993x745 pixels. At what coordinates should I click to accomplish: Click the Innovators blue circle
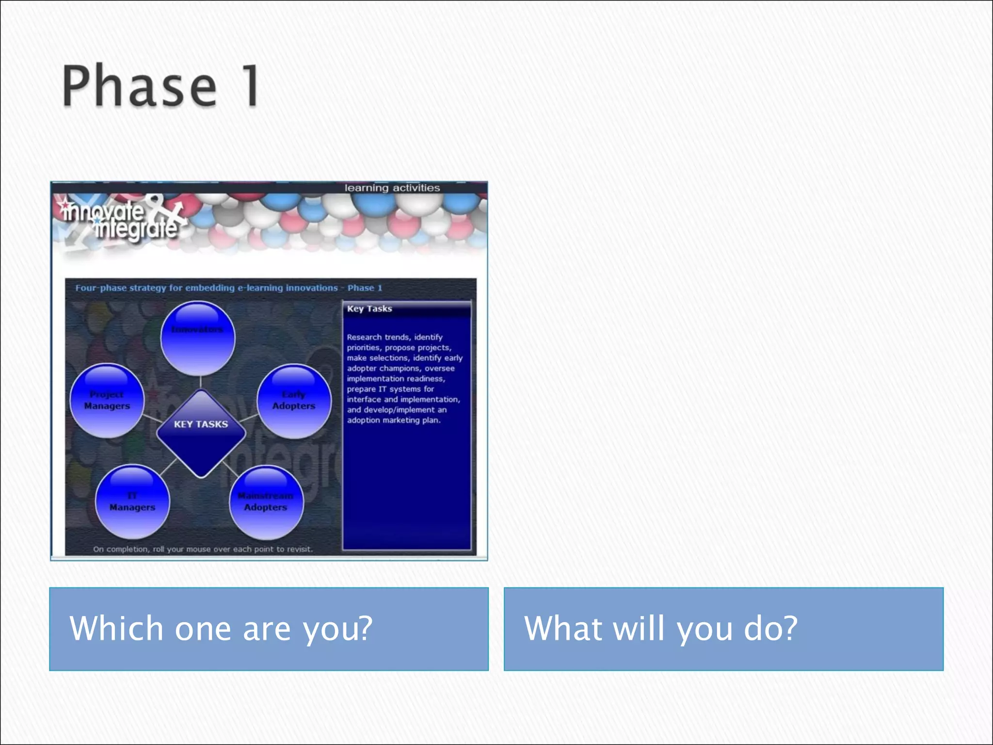click(198, 338)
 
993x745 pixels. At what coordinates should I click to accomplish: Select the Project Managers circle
click(107, 401)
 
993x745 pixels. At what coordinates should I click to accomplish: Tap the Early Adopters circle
click(294, 401)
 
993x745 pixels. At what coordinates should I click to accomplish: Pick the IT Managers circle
click(132, 502)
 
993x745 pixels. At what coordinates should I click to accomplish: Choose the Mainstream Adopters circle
click(266, 502)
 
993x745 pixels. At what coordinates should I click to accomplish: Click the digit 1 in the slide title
click(251, 85)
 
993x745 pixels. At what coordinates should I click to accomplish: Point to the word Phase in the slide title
click(139, 86)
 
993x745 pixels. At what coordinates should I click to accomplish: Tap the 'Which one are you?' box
click(269, 629)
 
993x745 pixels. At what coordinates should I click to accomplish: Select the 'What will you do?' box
click(723, 629)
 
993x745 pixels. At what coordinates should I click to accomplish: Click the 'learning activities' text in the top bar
click(392, 188)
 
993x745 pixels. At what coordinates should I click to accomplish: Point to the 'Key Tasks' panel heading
click(369, 308)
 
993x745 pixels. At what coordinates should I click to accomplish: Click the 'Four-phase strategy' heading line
click(228, 288)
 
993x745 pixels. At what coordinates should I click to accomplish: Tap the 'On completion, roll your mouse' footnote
click(203, 549)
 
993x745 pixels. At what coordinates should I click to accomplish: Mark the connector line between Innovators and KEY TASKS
click(200, 382)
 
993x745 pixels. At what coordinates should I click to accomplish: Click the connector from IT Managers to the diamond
click(168, 467)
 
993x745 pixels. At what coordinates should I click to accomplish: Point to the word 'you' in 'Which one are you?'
click(337, 629)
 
